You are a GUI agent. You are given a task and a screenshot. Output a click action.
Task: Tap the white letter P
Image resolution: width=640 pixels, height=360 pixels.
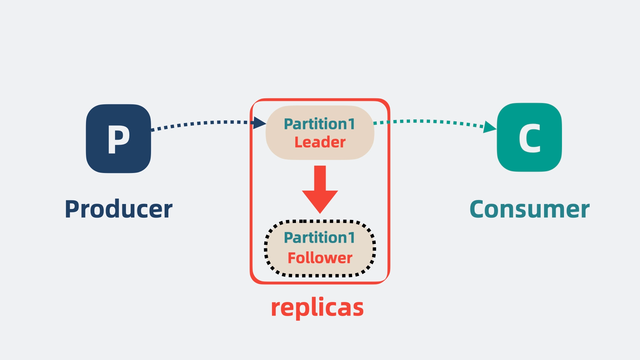click(x=118, y=139)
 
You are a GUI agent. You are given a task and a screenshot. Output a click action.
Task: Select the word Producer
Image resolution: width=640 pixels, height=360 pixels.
click(x=119, y=209)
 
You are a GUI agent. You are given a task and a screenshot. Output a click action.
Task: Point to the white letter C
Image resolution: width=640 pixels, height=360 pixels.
click(x=529, y=138)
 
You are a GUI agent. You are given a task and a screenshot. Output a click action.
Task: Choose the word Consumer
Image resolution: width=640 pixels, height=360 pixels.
click(x=529, y=209)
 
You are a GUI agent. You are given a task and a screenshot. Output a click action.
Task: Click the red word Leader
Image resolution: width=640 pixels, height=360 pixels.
click(x=320, y=142)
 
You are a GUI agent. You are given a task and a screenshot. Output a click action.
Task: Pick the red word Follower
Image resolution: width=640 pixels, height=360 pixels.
click(x=320, y=258)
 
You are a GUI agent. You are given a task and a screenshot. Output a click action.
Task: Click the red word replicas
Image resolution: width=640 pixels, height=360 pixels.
click(x=317, y=307)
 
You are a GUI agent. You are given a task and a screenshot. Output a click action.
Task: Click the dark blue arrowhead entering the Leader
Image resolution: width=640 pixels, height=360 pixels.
click(x=259, y=123)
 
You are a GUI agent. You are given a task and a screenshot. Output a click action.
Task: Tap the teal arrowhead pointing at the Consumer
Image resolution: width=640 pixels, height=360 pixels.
click(x=489, y=127)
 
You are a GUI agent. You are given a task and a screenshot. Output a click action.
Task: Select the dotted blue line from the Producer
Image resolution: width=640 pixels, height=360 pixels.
click(x=200, y=123)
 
